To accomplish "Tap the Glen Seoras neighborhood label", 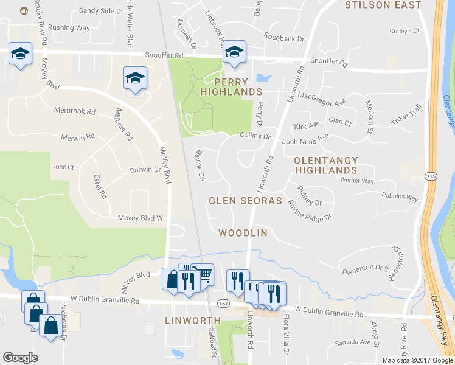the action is tap(245, 200).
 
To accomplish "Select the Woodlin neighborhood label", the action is tap(243, 233).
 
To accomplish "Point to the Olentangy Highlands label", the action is tap(326, 166).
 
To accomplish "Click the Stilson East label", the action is tap(383, 5).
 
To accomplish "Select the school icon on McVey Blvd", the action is tap(135, 77).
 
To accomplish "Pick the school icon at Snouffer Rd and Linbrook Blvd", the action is tap(234, 52).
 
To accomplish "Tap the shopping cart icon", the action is tap(204, 275).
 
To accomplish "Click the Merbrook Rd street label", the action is tap(75, 112).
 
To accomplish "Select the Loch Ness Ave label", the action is tap(305, 141).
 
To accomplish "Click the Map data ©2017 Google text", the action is tap(417, 360).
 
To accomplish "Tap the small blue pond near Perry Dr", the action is tap(263, 78).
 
